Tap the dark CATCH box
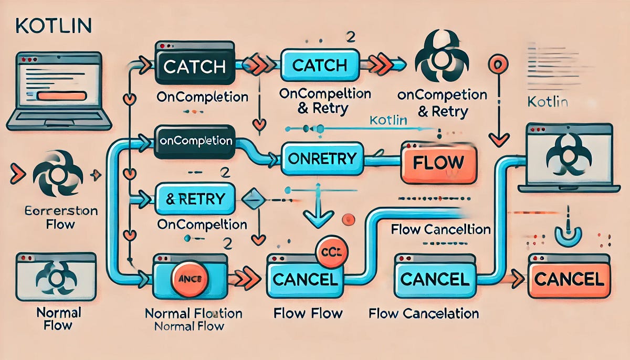pos(194,67)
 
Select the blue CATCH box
pos(319,65)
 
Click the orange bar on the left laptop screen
pos(62,96)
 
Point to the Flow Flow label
pos(308,314)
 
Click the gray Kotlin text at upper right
pos(548,101)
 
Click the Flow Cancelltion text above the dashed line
pos(440,229)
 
